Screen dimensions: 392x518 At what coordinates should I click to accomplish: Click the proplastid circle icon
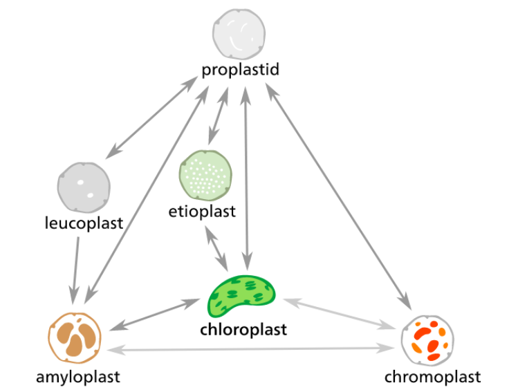tap(239, 32)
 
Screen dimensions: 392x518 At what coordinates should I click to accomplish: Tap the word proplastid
tap(240, 70)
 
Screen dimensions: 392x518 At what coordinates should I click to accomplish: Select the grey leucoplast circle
tap(83, 187)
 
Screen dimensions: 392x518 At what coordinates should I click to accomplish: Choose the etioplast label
tap(202, 211)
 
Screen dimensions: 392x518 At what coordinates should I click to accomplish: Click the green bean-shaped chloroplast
tap(241, 294)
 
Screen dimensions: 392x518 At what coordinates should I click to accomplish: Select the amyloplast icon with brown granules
tap(75, 338)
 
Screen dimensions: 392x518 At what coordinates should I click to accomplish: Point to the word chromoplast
tap(432, 377)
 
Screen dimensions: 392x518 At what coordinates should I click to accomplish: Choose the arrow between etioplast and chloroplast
tap(216, 248)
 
